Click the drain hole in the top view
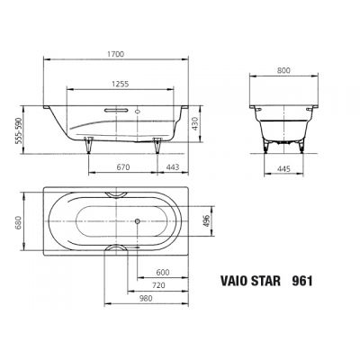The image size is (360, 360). click(136, 220)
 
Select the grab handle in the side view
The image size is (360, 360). click(116, 112)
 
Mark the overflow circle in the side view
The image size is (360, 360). click(141, 114)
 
